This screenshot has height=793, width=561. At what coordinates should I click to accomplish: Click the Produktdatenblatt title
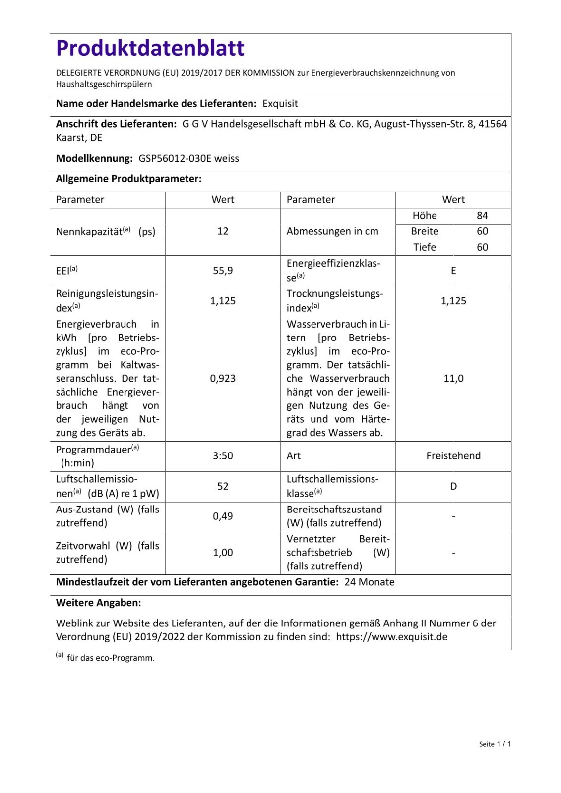coord(150,48)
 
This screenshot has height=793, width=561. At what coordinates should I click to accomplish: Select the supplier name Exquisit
coord(280,104)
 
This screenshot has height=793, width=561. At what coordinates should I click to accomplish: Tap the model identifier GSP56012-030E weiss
coord(188,159)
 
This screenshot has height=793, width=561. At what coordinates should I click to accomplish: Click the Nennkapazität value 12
coord(223,231)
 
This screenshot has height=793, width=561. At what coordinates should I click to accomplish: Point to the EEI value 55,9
coord(223,271)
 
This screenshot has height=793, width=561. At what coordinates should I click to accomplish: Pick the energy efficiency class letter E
coord(453,271)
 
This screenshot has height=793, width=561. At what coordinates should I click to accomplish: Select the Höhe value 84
coord(482,216)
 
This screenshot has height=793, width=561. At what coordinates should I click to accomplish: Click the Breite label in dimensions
coord(425,231)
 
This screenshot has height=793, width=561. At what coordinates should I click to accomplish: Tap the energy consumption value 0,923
coord(223,379)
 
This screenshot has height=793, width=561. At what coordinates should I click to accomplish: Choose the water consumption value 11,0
coord(453,379)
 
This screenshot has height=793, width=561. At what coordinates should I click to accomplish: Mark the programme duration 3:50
coord(223,456)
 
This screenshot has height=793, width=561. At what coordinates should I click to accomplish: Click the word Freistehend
coord(453,456)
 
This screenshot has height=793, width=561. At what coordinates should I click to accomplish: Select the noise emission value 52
coord(223,487)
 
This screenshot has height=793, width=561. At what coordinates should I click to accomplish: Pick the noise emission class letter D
coord(453,487)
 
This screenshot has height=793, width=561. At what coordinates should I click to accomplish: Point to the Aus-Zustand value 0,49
coord(223,516)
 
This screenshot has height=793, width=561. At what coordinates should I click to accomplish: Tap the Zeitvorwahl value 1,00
coord(223,553)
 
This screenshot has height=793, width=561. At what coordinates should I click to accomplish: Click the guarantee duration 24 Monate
coord(370,582)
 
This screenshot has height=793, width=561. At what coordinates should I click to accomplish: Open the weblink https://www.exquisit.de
coord(392,637)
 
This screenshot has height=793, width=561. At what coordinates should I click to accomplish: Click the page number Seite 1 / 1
coord(495,744)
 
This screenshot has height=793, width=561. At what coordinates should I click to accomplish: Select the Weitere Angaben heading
coord(98,603)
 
